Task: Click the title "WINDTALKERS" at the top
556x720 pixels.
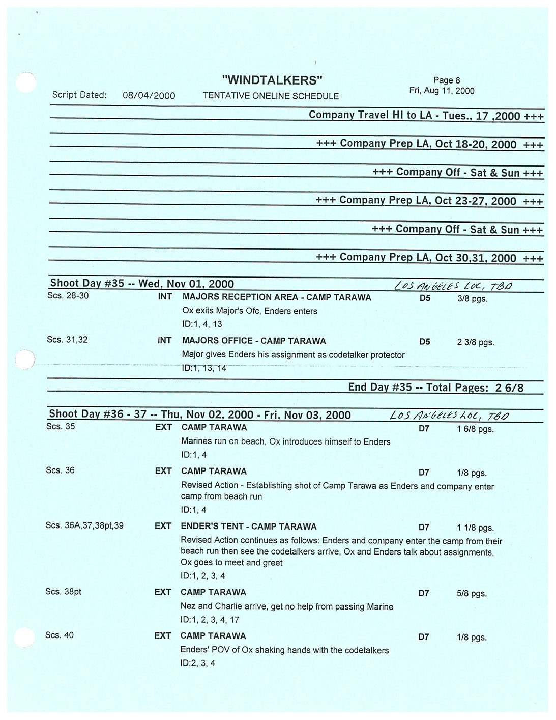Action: [273, 80]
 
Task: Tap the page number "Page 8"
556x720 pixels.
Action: [446, 80]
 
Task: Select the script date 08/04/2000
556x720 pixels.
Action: [149, 95]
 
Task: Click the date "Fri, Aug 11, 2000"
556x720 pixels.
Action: [442, 91]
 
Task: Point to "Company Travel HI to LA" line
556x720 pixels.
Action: [426, 115]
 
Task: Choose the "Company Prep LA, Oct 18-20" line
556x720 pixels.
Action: [429, 144]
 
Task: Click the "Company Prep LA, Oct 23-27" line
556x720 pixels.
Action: [429, 200]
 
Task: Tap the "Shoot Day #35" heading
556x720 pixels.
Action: [141, 284]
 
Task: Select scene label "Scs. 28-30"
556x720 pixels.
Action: [68, 295]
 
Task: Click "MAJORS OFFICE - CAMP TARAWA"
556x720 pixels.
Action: [254, 341]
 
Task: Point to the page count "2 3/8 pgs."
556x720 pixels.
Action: [476, 342]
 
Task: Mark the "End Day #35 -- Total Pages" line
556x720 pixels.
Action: [435, 387]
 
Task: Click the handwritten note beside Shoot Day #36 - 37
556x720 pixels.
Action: [448, 416]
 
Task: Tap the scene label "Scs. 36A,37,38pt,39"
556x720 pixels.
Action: [84, 525]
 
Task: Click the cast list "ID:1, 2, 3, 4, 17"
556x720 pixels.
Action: [210, 620]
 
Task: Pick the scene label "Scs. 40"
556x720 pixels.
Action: [60, 635]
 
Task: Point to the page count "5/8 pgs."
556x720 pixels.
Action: [472, 594]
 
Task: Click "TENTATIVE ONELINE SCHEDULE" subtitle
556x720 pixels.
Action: [271, 96]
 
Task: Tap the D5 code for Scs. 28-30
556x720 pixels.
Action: [425, 298]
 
